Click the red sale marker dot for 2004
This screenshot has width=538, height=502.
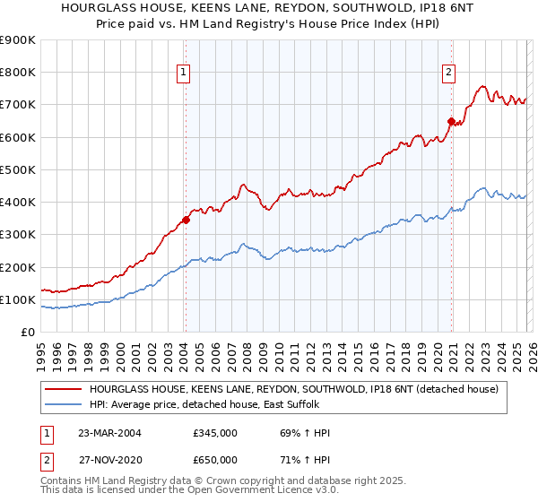click(x=186, y=220)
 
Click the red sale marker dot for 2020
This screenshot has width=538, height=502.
click(x=451, y=120)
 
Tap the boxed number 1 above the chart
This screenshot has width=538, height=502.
click(x=183, y=74)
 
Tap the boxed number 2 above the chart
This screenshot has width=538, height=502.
click(x=448, y=74)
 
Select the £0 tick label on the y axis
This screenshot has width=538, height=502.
click(x=28, y=333)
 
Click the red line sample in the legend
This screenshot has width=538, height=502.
click(x=64, y=390)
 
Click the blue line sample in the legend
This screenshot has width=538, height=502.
click(x=64, y=405)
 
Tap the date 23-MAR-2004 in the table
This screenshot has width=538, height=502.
click(x=109, y=433)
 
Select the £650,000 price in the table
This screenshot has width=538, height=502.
click(x=215, y=459)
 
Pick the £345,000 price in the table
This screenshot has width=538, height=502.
click(x=215, y=433)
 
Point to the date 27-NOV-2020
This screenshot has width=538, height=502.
click(x=109, y=459)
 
